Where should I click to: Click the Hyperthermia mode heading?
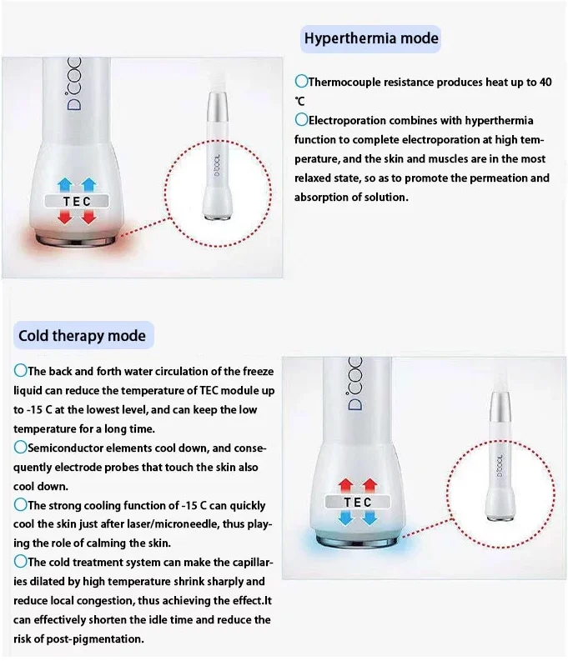371,38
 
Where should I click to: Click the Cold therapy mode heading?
82,336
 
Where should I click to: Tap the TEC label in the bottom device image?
358,503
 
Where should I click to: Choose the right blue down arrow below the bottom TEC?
371,519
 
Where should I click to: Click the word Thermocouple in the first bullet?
343,83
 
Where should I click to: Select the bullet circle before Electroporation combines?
301,120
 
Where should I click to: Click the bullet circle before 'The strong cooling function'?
20,504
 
